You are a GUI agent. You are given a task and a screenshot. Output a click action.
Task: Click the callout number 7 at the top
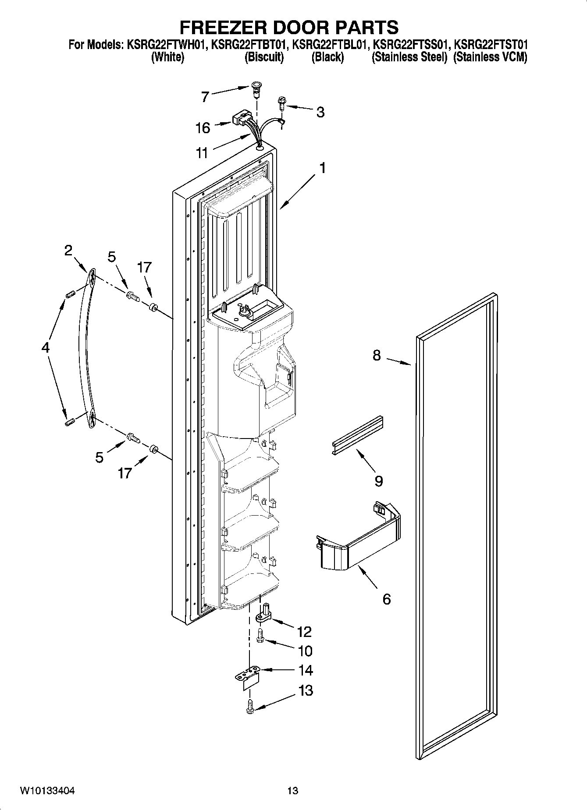point(205,96)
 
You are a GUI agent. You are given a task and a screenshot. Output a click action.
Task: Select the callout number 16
point(203,128)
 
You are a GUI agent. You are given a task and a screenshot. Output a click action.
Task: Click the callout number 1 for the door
point(322,168)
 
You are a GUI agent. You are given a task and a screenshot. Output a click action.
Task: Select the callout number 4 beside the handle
point(46,347)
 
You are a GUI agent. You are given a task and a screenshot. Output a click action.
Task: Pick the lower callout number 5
point(100,457)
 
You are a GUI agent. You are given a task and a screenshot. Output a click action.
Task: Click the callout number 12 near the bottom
point(304,631)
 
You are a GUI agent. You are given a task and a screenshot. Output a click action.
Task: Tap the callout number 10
point(305,651)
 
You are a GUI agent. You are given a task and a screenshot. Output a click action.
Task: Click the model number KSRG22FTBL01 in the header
point(327,45)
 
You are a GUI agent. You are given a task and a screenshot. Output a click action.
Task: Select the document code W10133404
point(47,791)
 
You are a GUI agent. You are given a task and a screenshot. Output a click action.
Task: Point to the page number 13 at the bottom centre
point(293,791)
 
